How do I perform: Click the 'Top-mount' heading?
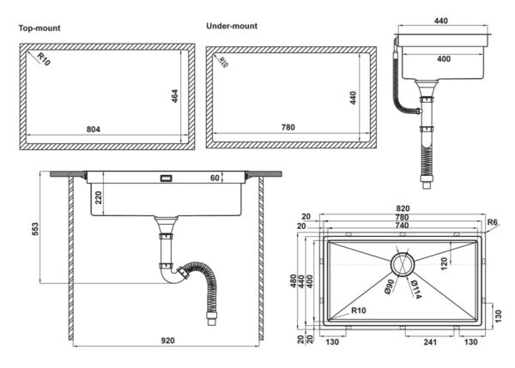point(39,28)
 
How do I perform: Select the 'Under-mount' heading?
point(232,26)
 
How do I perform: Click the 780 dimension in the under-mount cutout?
point(288,128)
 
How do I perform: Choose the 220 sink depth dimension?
point(100,199)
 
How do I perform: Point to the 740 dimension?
point(402,226)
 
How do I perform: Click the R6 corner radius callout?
point(493,223)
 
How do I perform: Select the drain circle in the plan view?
point(402,263)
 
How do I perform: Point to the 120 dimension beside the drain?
point(444,262)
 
